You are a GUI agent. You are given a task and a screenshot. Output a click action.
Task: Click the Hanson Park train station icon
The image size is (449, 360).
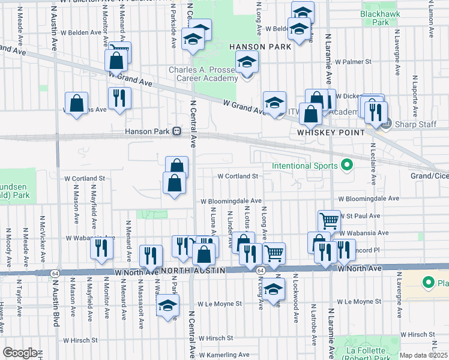click(177, 131)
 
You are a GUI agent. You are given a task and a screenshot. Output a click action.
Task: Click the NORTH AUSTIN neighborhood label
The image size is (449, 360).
click(193, 271)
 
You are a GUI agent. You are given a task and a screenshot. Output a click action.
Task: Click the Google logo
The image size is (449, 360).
click(20, 352)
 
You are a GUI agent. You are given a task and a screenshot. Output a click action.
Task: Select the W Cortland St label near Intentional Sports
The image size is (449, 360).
click(237, 176)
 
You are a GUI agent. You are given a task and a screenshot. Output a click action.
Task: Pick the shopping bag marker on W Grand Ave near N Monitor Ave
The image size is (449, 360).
click(116, 60)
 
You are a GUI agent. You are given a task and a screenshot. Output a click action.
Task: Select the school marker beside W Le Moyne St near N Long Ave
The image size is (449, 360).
click(274, 289)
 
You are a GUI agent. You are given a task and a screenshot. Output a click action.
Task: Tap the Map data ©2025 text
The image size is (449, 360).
click(424, 355)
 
